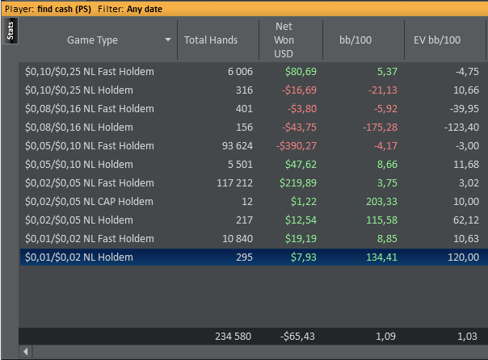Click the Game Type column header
click(x=92, y=40)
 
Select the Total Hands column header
click(x=210, y=40)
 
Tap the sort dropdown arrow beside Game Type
click(x=168, y=40)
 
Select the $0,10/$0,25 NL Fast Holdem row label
click(x=90, y=72)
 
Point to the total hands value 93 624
click(x=234, y=146)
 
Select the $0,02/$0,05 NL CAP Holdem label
click(x=89, y=202)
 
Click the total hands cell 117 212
click(x=233, y=183)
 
